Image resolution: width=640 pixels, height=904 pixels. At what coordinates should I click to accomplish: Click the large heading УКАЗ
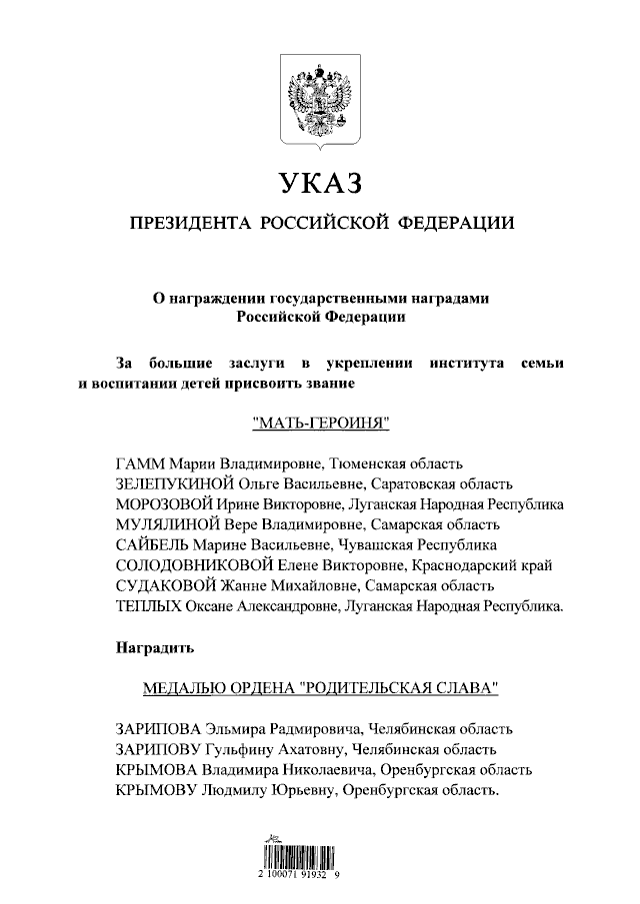point(318,184)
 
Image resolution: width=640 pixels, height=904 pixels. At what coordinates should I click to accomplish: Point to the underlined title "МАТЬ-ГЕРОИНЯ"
point(319,423)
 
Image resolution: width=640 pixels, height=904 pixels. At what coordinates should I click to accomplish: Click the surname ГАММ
point(139,463)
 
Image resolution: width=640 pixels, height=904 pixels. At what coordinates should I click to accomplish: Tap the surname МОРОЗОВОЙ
point(159,503)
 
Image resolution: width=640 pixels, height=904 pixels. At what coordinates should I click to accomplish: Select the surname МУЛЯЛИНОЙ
point(158,523)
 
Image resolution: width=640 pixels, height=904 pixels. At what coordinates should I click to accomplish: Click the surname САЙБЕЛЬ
point(151,544)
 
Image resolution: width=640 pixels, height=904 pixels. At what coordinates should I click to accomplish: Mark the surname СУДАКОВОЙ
point(158,584)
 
